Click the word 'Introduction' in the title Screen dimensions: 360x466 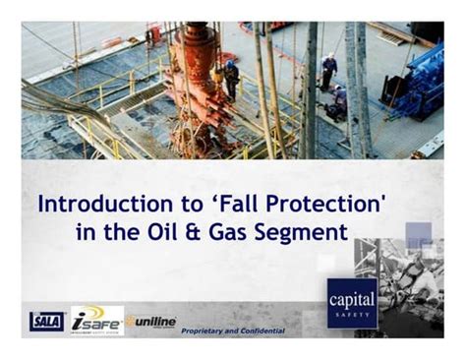(x=96, y=205)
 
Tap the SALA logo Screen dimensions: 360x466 (x=45, y=320)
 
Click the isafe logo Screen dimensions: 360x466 (x=96, y=320)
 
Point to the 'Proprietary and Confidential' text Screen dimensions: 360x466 (x=233, y=331)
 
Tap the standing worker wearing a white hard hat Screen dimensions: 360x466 (x=328, y=70)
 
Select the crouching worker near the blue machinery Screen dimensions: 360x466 (x=338, y=101)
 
